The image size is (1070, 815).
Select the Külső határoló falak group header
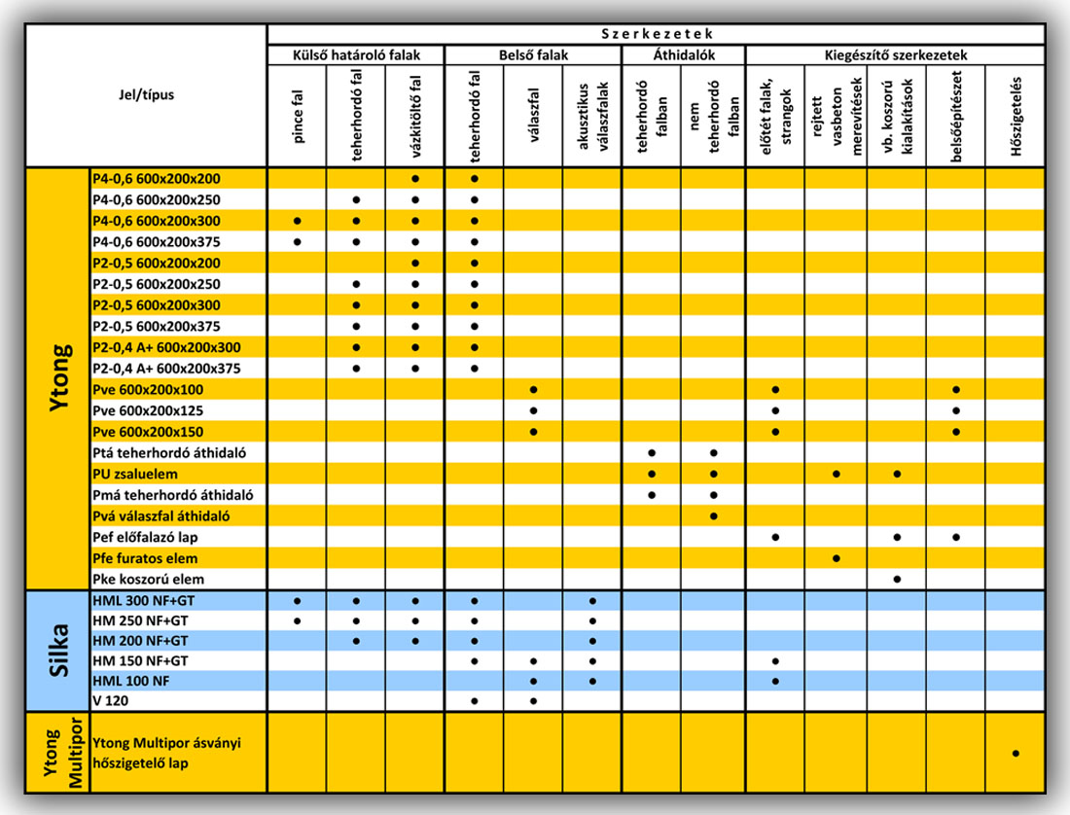[x=356, y=55]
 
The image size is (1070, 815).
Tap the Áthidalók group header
[x=684, y=55]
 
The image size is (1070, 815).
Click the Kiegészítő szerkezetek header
[x=895, y=55]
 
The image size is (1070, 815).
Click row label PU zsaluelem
[x=134, y=474]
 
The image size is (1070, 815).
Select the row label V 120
[x=110, y=701]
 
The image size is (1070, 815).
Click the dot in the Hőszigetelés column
[x=1016, y=753]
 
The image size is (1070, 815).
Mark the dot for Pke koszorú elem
[x=897, y=579]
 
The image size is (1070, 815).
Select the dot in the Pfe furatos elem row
[x=836, y=558]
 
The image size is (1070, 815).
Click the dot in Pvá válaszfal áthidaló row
[x=714, y=515]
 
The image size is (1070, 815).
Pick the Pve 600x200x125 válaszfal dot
[x=533, y=410]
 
